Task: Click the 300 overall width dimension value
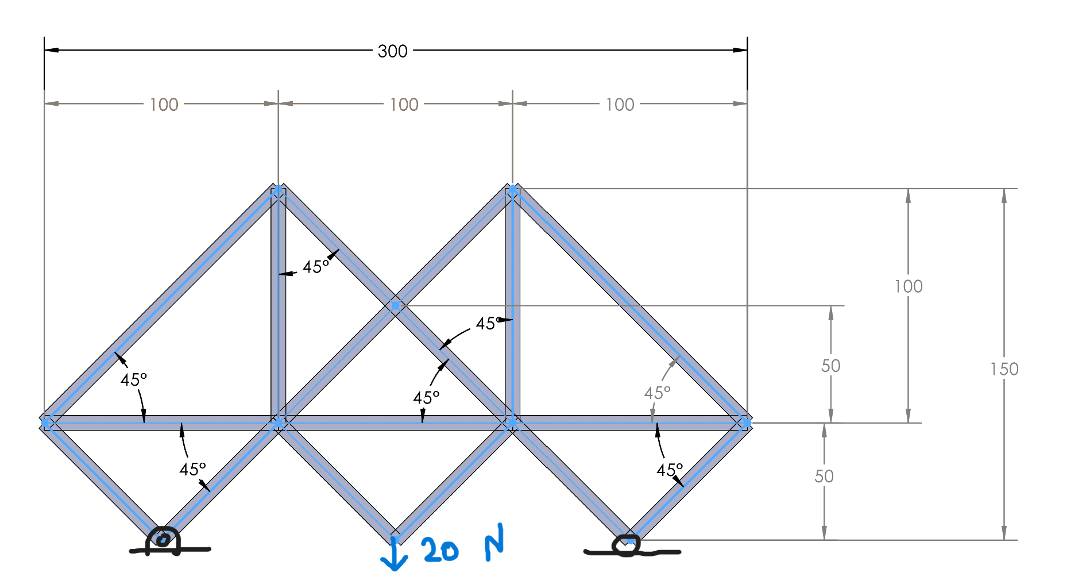click(393, 51)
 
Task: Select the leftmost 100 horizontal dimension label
click(164, 105)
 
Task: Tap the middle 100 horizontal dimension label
click(404, 105)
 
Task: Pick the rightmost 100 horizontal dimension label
click(620, 105)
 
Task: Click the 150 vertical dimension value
click(1004, 369)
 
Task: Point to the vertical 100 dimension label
click(909, 286)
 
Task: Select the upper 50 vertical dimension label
click(831, 366)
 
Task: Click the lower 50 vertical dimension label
click(824, 476)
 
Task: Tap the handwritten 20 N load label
click(462, 546)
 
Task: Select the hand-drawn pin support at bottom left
click(163, 542)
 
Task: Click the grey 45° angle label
click(657, 393)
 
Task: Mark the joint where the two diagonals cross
click(396, 306)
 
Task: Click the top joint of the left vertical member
click(279, 190)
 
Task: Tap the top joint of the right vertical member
click(513, 190)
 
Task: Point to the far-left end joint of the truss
click(46, 423)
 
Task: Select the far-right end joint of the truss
click(746, 423)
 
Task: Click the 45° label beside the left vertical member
click(316, 267)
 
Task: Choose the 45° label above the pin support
click(192, 470)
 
